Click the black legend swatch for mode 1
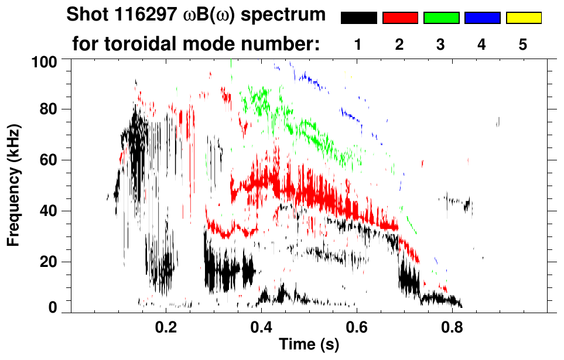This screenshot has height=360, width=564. (358, 18)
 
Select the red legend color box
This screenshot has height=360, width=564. (400, 18)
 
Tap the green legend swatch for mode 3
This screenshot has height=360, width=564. (441, 18)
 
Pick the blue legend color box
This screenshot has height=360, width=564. (482, 18)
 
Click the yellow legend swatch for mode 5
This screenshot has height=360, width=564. (523, 18)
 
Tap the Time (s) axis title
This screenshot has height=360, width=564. (309, 345)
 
